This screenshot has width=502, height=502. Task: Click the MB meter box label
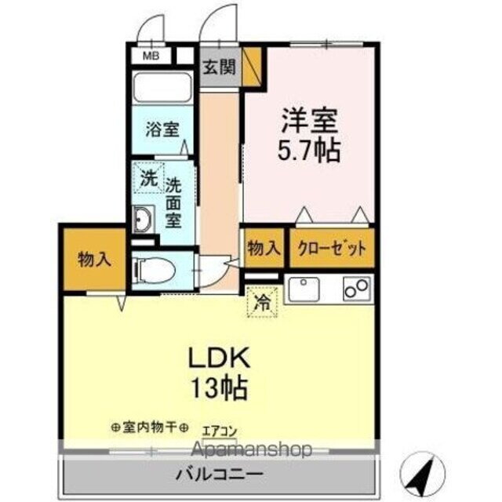149,56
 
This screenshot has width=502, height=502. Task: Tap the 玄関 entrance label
219,67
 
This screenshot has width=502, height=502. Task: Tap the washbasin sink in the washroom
144,220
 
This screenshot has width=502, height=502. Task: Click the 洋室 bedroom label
311,122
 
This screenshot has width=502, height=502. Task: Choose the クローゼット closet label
331,249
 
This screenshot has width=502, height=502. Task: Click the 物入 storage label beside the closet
264,249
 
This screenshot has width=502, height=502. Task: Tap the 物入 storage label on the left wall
93,260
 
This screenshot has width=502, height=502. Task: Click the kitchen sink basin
305,291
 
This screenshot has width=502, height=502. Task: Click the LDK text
218,358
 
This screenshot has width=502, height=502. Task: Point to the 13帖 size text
218,387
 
